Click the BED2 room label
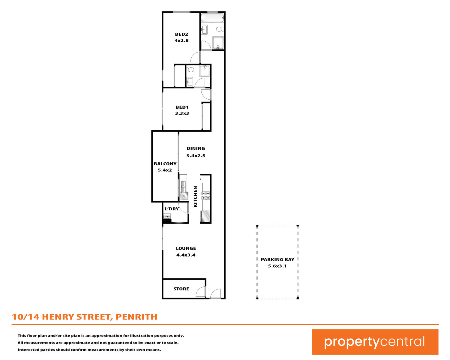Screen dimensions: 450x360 (x=181, y=34)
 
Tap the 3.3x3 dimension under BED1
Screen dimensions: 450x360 (x=182, y=113)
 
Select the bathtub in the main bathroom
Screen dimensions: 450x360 (x=212, y=18)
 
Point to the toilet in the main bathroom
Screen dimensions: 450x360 (x=220, y=29)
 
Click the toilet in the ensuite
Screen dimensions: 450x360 (x=190, y=69)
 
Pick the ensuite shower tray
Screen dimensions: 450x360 (x=205, y=71)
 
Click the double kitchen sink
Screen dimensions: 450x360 (x=183, y=187)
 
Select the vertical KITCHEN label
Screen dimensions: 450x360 (x=195, y=196)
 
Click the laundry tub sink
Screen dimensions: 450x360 (x=167, y=216)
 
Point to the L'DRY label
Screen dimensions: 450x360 (x=172, y=209)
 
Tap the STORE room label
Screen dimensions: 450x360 (x=181, y=289)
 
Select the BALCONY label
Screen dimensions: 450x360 (x=165, y=164)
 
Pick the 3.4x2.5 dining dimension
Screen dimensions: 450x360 (x=196, y=156)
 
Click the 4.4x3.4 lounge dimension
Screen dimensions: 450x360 (x=186, y=255)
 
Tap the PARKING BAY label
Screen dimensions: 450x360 (x=277, y=259)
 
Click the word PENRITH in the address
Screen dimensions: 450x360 (x=136, y=317)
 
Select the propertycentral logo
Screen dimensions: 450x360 (x=375, y=342)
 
